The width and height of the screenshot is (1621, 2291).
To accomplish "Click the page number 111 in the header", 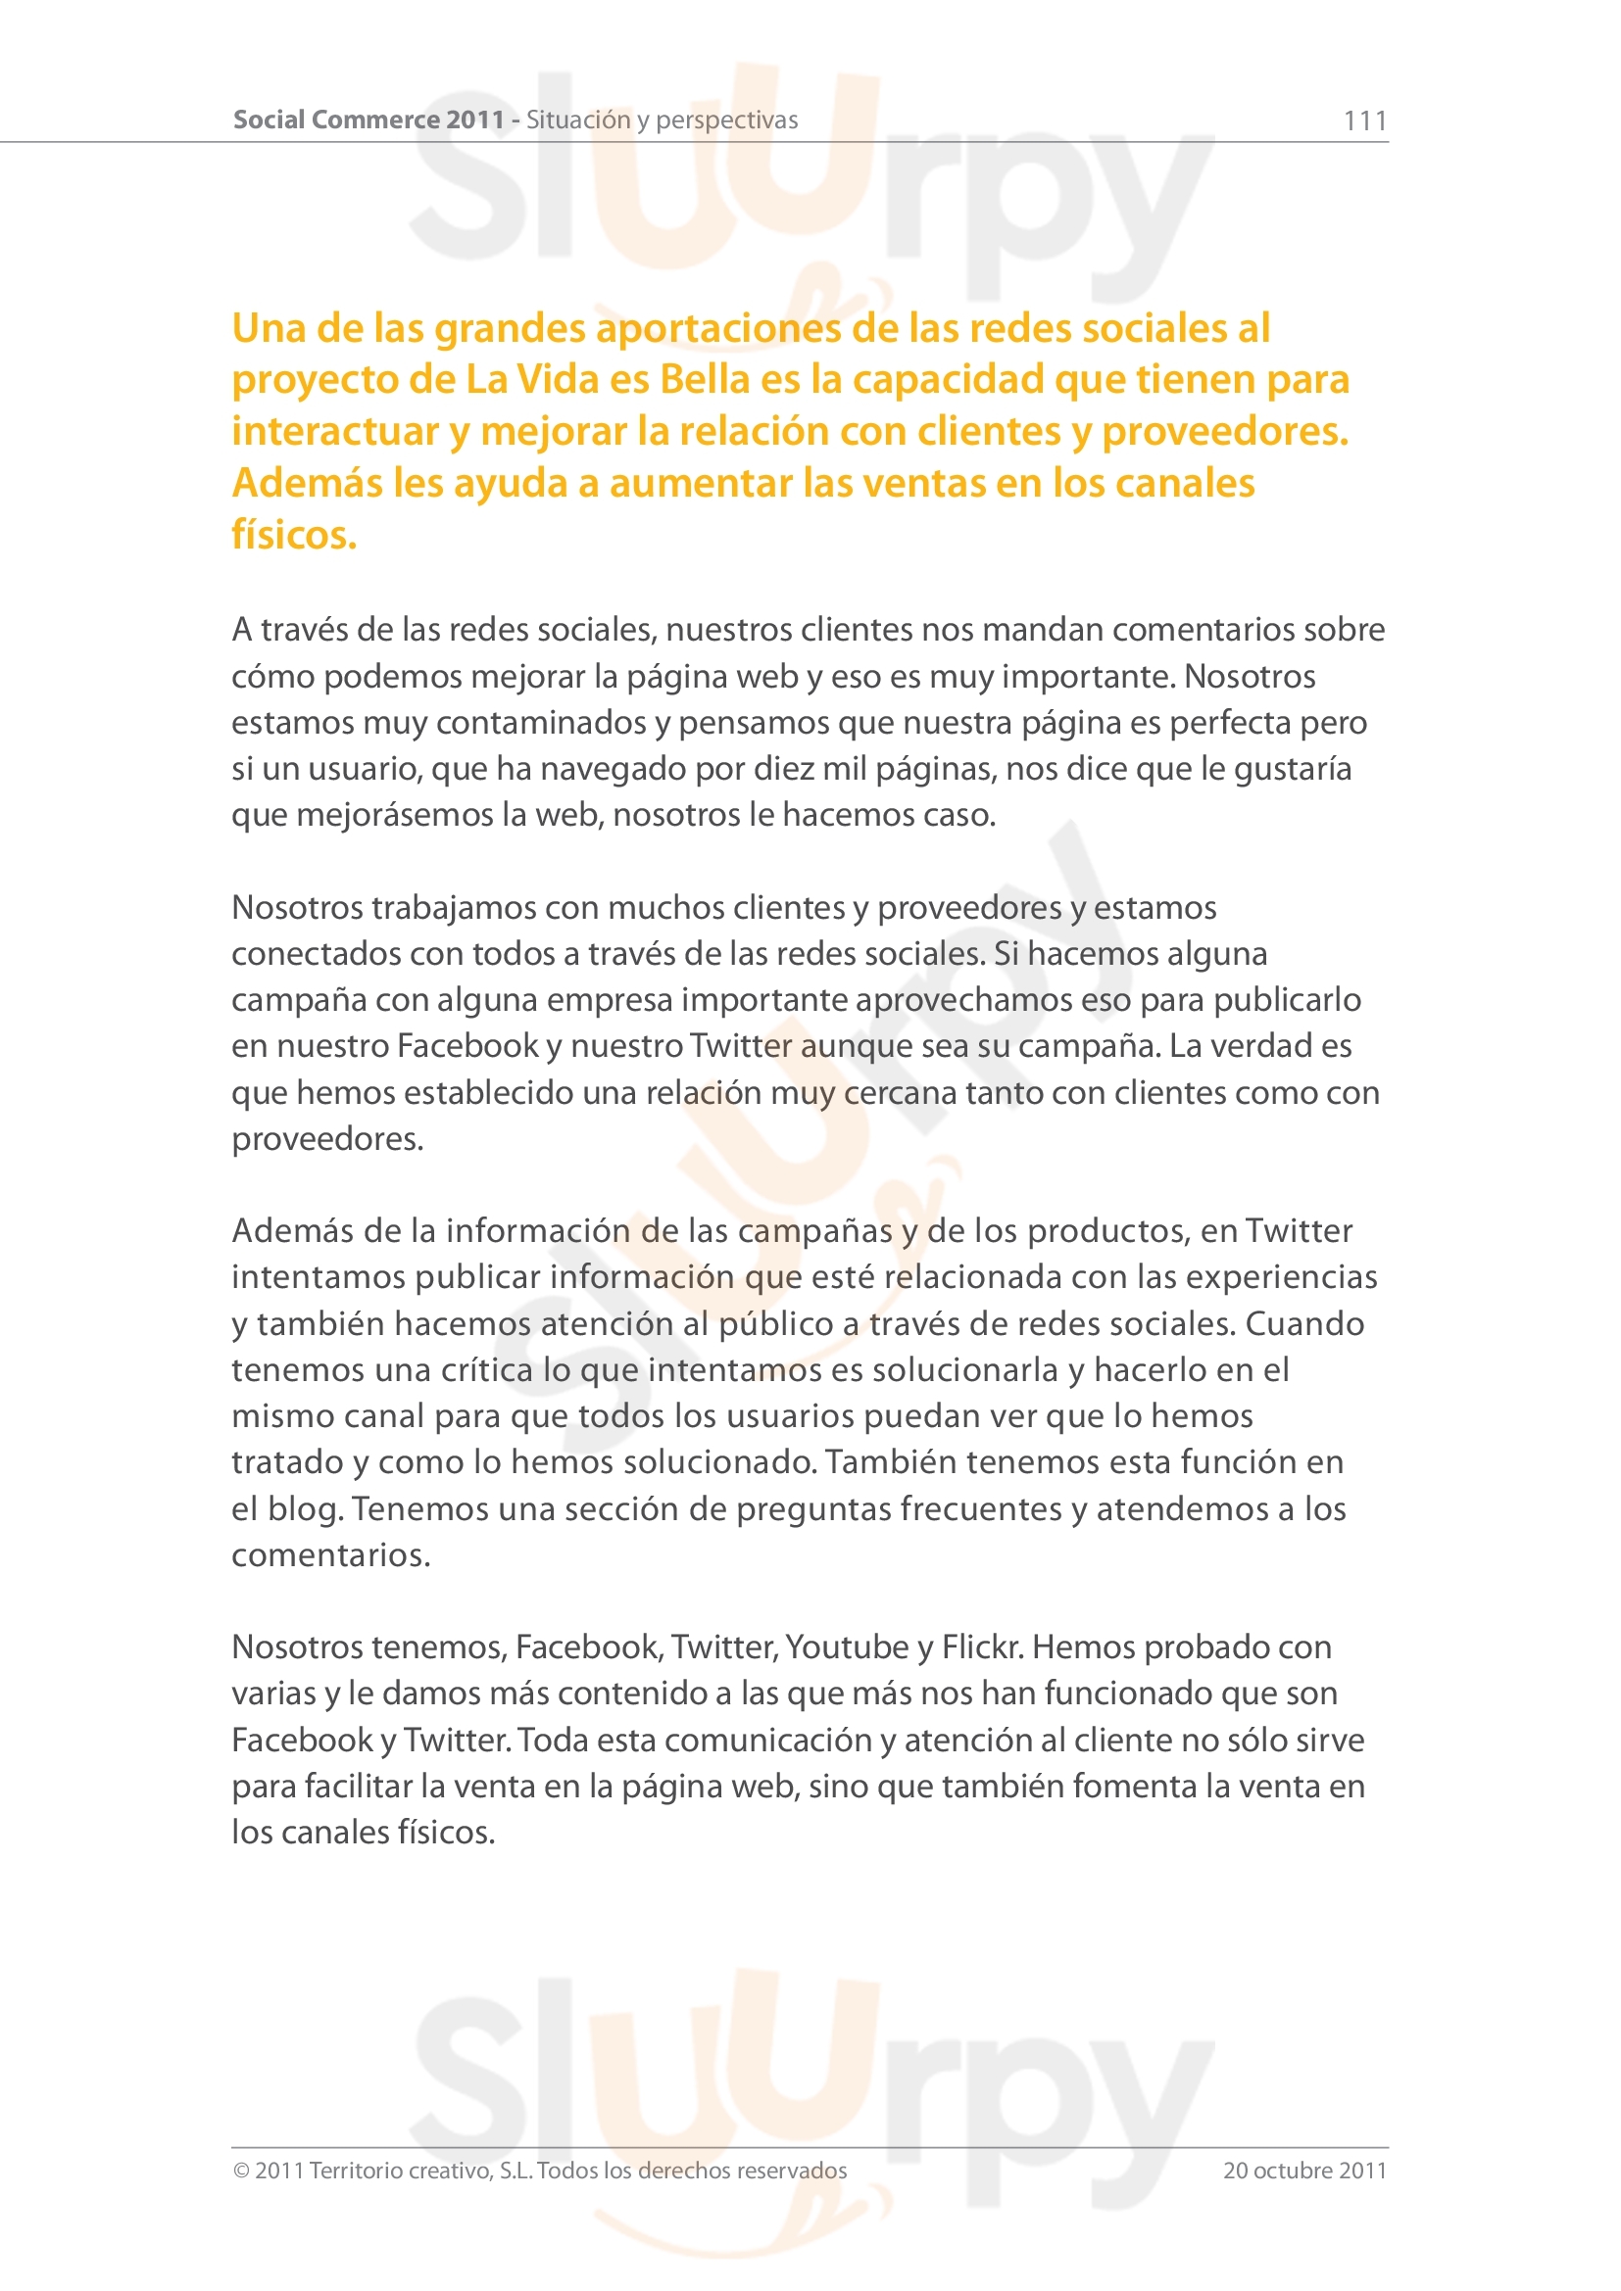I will (x=1364, y=120).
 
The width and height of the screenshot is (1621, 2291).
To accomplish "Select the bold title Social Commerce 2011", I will (x=368, y=119).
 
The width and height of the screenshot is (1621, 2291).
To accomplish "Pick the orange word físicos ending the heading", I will (x=293, y=535).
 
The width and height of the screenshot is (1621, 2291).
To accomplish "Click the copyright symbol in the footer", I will (x=240, y=2171).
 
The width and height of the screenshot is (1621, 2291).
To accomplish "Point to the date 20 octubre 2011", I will (x=1304, y=2171).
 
